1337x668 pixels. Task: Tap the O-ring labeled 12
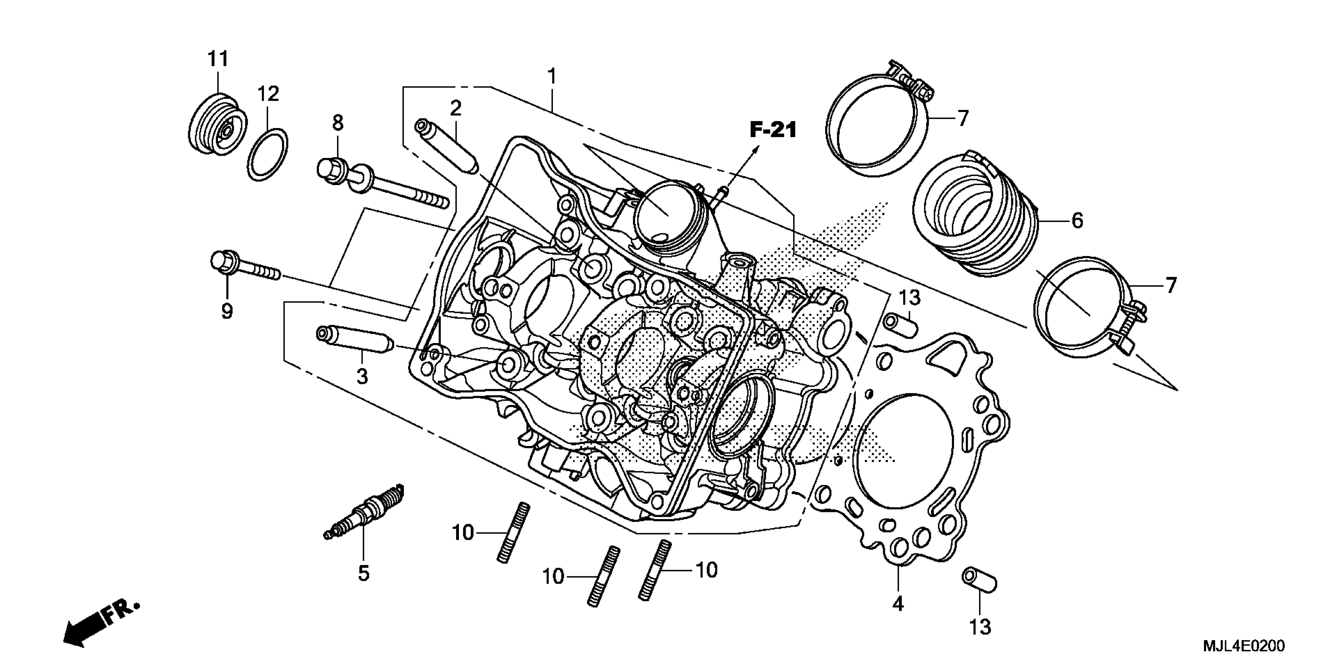[x=268, y=154]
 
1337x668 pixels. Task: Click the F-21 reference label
[x=773, y=130]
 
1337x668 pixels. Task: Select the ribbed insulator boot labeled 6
[x=976, y=218]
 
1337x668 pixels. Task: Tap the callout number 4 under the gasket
[x=898, y=603]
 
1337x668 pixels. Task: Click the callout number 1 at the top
[x=552, y=76]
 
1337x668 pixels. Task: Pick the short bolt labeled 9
[x=244, y=266]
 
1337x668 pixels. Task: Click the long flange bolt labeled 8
[x=381, y=184]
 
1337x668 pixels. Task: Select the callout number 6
[x=1077, y=221]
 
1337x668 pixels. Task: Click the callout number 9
[x=227, y=311]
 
